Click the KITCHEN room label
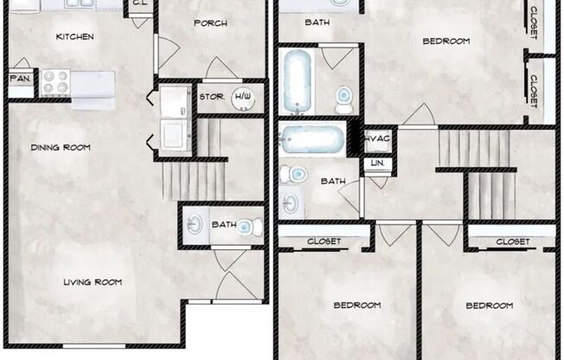tap(74, 37)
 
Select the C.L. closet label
tap(139, 3)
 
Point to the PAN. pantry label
tap(20, 79)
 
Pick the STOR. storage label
tap(212, 96)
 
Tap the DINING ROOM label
tap(61, 148)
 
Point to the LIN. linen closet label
tap(377, 163)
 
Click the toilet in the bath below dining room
tap(247, 227)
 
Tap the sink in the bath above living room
tap(195, 225)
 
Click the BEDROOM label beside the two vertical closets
tap(445, 41)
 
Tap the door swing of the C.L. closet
tap(141, 19)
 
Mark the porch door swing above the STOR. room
tap(219, 68)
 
